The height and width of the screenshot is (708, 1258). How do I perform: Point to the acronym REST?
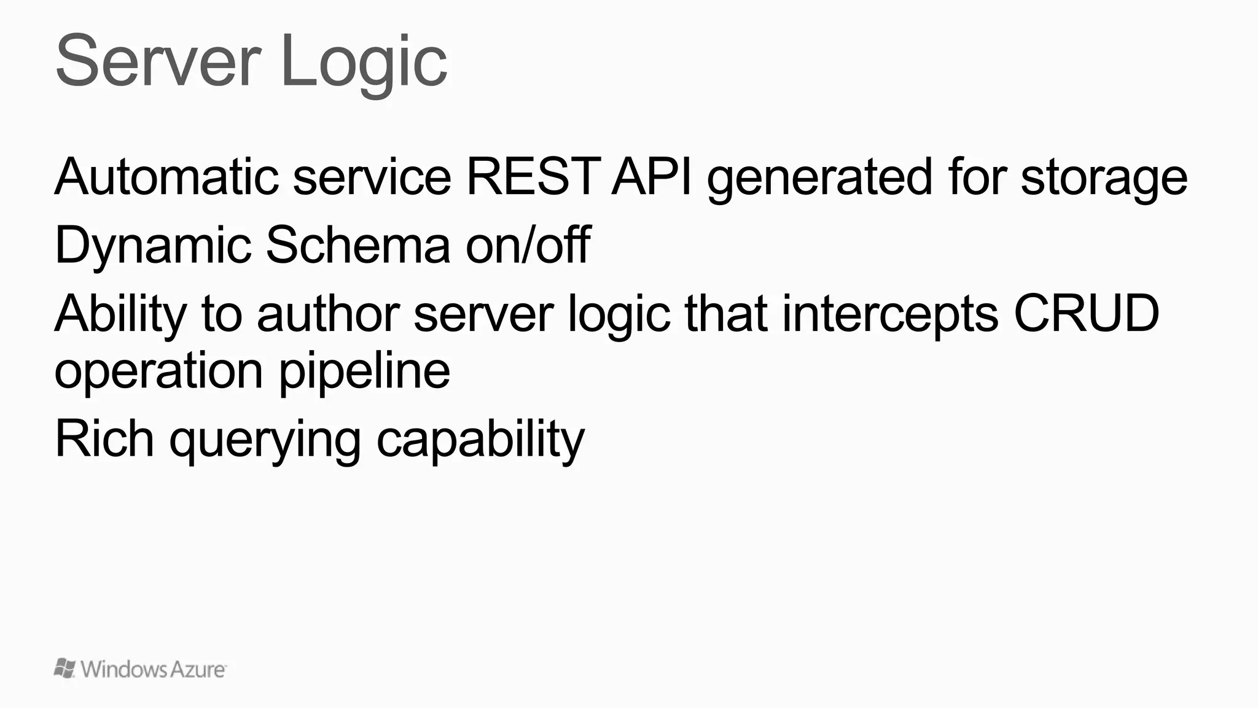[533, 177]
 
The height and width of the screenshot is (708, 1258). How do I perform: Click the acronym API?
[652, 177]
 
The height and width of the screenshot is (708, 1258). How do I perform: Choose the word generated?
[819, 178]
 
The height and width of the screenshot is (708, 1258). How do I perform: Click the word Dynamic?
[153, 246]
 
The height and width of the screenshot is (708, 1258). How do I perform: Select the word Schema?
[358, 244]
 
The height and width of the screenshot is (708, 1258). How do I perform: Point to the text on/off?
[528, 244]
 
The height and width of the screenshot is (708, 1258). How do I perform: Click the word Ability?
[120, 314]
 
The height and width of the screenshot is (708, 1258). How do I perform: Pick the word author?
[328, 313]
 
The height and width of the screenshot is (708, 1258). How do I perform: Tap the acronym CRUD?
[1086, 313]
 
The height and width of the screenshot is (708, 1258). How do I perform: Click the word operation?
[159, 372]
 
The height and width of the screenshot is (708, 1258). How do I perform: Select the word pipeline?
[364, 372]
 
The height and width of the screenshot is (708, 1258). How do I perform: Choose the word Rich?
[104, 438]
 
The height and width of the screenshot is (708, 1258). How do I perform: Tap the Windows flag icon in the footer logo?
[65, 668]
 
